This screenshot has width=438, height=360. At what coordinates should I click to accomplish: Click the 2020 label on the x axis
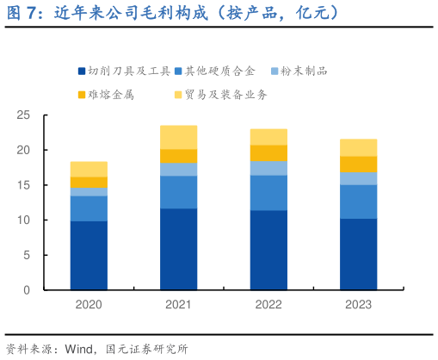pyautogui.click(x=89, y=304)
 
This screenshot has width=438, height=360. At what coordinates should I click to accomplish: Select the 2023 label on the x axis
pyautogui.click(x=358, y=304)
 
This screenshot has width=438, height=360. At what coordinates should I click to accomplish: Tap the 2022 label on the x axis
pyautogui.click(x=268, y=304)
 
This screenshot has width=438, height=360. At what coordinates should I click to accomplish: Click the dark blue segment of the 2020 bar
pyautogui.click(x=89, y=256)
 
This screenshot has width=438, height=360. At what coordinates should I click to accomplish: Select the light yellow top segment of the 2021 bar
pyautogui.click(x=178, y=137)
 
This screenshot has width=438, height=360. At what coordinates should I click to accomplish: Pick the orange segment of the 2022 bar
pyautogui.click(x=268, y=153)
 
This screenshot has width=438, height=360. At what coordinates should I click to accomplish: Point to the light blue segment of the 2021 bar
pyautogui.click(x=178, y=169)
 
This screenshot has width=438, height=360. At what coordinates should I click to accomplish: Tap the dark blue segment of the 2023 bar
pyautogui.click(x=358, y=254)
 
